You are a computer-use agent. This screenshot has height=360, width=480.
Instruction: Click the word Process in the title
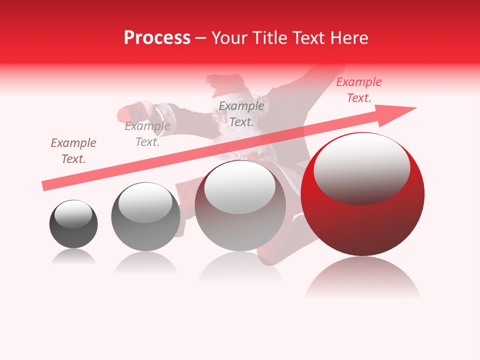pos(157,38)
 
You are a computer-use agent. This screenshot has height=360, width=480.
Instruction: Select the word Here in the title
pos(348,38)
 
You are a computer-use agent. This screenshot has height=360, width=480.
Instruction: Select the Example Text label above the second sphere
pos(147,134)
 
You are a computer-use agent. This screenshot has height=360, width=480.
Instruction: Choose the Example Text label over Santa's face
pos(241,114)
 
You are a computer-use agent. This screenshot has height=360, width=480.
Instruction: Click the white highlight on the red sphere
pos(361,168)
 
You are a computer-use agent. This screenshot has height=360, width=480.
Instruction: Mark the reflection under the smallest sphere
pos(73,257)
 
